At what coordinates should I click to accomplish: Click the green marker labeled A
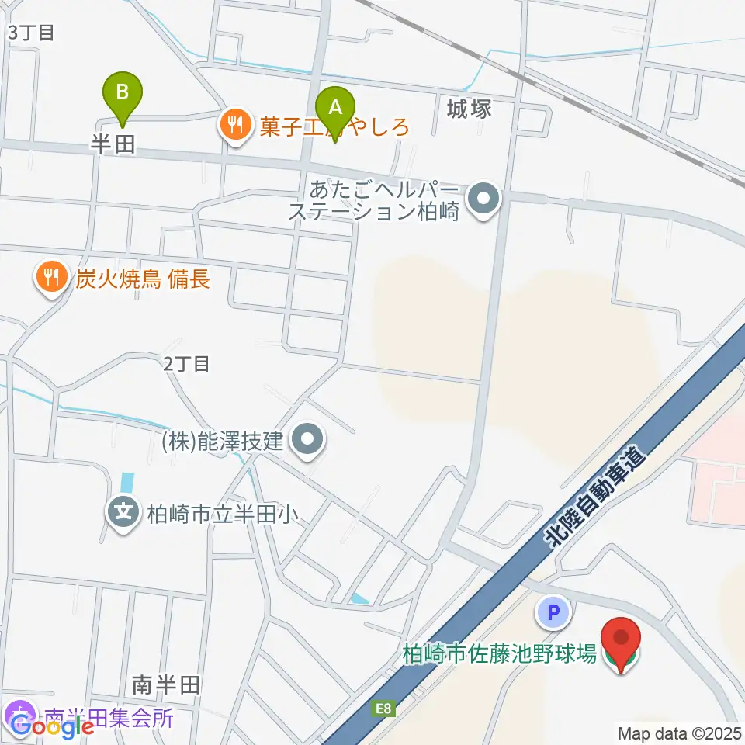(335, 107)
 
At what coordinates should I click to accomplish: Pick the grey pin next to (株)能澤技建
(308, 442)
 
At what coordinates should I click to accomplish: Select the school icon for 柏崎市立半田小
(123, 513)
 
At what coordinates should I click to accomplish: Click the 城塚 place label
(470, 109)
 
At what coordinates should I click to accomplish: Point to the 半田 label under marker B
(114, 144)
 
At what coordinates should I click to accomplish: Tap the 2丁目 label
(187, 363)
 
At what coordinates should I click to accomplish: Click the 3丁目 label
(31, 33)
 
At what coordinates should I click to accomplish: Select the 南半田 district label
(166, 684)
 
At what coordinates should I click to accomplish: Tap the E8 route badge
(383, 708)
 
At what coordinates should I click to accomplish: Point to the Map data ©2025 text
(680, 733)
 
